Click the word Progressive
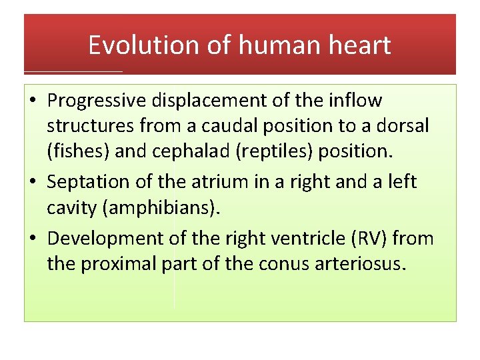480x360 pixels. point(97,101)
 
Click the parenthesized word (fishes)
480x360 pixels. point(79,151)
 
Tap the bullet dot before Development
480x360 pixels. point(34,239)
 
